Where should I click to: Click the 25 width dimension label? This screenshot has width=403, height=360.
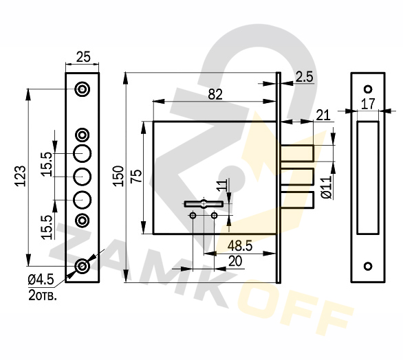click(x=83, y=57)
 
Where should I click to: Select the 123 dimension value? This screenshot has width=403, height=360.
click(x=21, y=176)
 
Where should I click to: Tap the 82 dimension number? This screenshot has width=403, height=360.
click(x=215, y=95)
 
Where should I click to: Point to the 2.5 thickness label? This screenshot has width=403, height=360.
click(x=304, y=77)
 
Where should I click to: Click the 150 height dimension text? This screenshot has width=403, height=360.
click(x=119, y=176)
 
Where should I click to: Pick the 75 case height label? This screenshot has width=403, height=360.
click(x=136, y=176)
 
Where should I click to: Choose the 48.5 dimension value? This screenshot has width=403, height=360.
click(x=240, y=246)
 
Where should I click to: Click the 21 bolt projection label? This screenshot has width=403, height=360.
click(x=323, y=115)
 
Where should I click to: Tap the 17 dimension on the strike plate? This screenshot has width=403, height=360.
click(x=368, y=104)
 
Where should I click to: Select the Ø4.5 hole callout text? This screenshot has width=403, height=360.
click(x=41, y=280)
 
